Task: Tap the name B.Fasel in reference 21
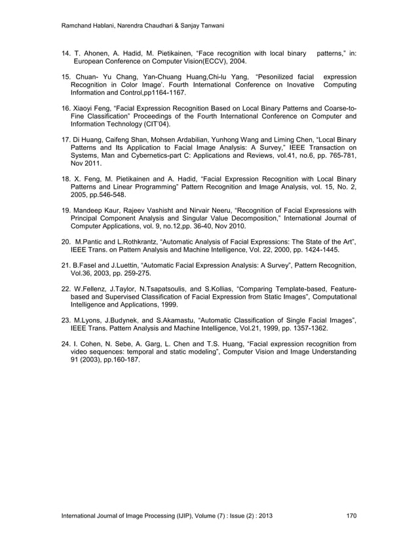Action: click(x=88, y=265)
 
